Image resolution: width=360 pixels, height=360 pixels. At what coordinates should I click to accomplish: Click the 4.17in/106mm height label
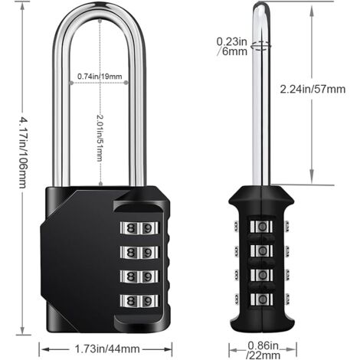11,174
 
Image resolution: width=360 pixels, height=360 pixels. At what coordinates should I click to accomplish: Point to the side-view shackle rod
261,115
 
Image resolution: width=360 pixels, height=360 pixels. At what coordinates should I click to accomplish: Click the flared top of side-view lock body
263,193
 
